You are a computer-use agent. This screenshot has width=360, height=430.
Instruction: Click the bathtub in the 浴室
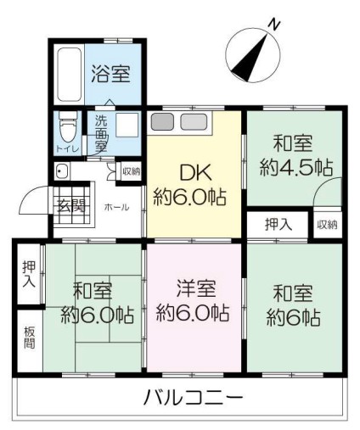pyautogui.click(x=70, y=75)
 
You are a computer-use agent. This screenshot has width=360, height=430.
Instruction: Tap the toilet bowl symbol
pyautogui.click(x=68, y=128)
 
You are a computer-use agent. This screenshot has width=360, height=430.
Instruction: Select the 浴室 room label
pyautogui.click(x=110, y=74)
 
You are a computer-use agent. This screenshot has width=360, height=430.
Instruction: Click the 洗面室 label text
pyautogui.click(x=101, y=133)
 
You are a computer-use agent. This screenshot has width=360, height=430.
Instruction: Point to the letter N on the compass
pyautogui.click(x=274, y=25)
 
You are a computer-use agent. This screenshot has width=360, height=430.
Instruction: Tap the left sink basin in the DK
pyautogui.click(x=162, y=122)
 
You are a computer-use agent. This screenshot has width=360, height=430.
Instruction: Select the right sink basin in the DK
pyautogui.click(x=194, y=122)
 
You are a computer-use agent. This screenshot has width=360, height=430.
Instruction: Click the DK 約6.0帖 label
pyautogui.click(x=190, y=186)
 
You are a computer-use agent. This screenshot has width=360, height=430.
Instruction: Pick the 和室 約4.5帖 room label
pyautogui.click(x=295, y=156)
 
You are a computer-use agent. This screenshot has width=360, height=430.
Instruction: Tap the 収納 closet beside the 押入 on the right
pyautogui.click(x=327, y=225)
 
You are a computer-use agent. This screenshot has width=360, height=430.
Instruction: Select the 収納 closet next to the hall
pyautogui.click(x=132, y=171)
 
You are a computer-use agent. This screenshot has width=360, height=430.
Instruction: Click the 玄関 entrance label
pyautogui.click(x=71, y=205)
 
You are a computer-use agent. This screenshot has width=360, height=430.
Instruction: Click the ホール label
pyautogui.click(x=116, y=207)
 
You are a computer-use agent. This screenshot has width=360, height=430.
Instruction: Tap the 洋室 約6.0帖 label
pyautogui.click(x=193, y=300)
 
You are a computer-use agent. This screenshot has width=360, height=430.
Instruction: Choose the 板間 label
pyautogui.click(x=30, y=338)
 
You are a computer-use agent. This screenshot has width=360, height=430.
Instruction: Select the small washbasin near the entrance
pyautogui.click(x=61, y=171)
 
